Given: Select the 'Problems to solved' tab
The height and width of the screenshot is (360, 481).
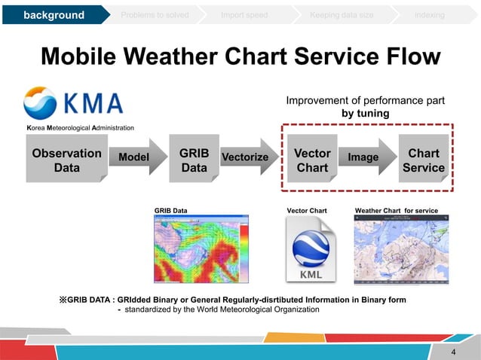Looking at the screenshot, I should tap(157, 15).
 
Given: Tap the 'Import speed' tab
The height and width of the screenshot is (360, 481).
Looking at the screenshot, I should tap(244, 15).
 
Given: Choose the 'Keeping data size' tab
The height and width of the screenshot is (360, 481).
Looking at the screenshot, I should tap(340, 15).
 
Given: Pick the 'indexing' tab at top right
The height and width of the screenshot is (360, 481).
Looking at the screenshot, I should tap(429, 15).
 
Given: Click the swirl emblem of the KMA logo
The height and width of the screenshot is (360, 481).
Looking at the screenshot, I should tap(39, 103).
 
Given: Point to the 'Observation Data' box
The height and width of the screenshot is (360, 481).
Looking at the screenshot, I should tap(67, 160).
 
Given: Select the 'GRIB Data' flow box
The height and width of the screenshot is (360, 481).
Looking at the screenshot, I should tap(194, 160).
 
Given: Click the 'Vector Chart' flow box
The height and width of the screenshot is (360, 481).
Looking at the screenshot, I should tap(312, 160).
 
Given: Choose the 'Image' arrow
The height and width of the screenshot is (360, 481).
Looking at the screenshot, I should tap(365, 157).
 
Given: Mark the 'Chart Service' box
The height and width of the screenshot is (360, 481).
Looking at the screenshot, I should tap(423, 160).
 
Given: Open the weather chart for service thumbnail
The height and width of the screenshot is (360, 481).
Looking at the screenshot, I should tap(406, 250).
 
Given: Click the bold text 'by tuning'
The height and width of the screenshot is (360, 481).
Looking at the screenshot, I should tap(365, 113).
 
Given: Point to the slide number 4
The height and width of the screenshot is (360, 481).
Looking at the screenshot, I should tap(453, 352).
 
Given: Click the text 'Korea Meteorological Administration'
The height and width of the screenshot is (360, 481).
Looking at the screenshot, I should tap(81, 128).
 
